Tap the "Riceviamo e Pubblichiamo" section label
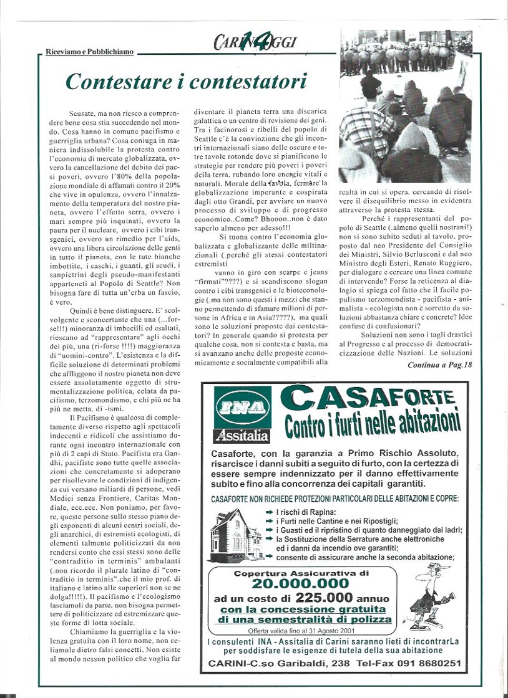(89, 52)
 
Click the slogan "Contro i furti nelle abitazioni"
(372, 424)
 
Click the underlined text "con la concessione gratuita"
(304, 609)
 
